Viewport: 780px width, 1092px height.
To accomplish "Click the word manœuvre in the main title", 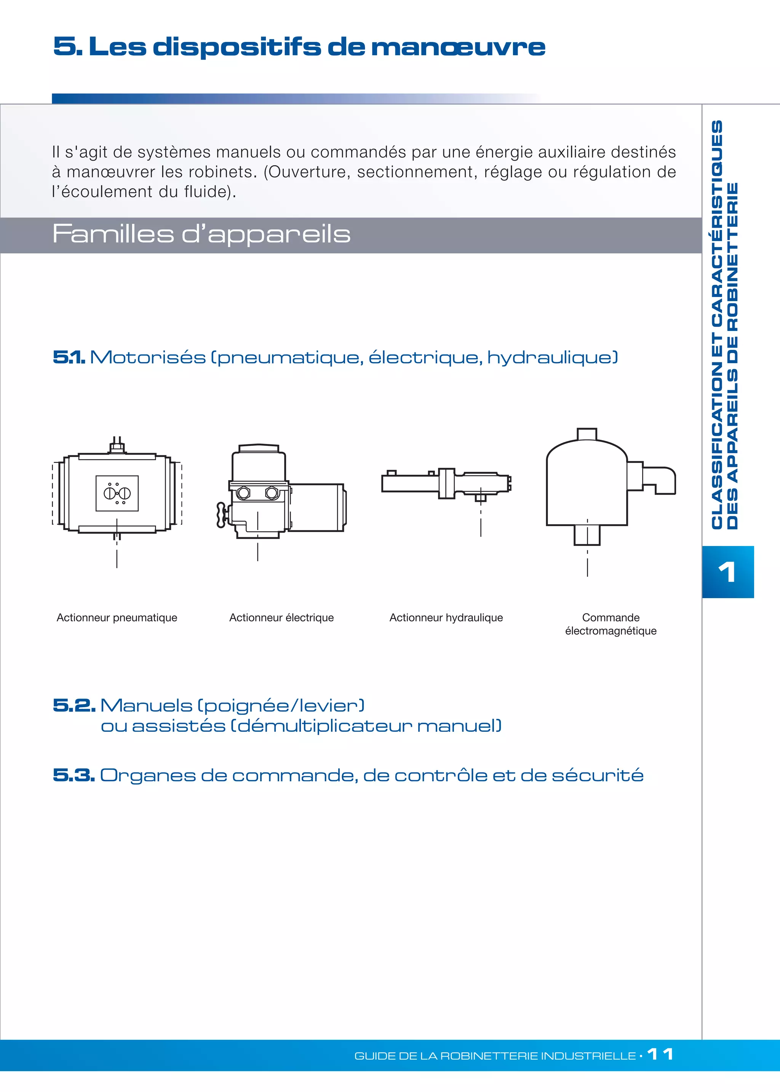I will tap(458, 47).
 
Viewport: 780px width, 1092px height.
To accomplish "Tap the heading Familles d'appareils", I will tap(201, 234).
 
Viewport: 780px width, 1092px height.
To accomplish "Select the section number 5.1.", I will tap(69, 357).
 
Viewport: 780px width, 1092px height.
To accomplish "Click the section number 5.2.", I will tap(74, 706).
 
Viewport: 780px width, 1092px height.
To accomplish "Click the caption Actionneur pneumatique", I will tap(117, 618).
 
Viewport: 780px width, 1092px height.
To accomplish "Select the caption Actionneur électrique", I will tap(281, 618).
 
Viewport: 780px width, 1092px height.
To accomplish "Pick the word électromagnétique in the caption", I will tap(611, 631).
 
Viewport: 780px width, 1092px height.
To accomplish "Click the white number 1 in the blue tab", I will tap(727, 572).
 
